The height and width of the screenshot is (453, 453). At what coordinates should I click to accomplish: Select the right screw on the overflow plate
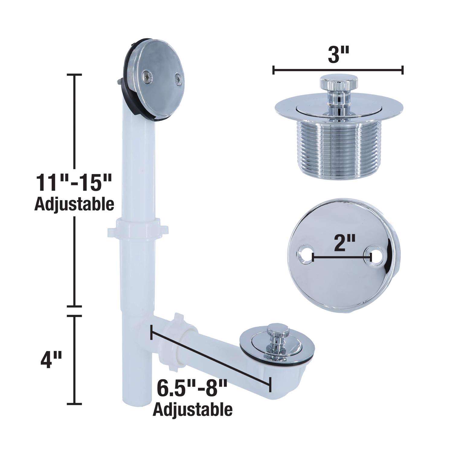click(x=178, y=79)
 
